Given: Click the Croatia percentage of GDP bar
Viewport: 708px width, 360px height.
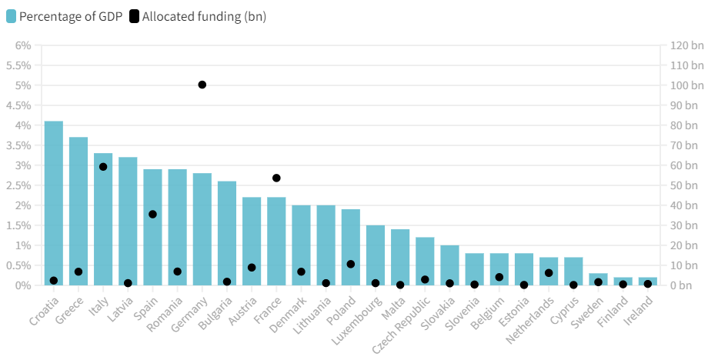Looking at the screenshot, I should [x=54, y=203].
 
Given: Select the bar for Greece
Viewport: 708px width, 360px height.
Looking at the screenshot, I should [x=78, y=211].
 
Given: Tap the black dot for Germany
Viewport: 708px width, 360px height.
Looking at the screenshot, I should [x=202, y=85].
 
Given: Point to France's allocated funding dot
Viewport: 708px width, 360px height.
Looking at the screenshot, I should [x=276, y=178].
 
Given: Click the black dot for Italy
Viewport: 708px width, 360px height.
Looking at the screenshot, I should [x=103, y=167].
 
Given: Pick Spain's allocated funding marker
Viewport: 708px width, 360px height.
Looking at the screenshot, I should [x=152, y=214].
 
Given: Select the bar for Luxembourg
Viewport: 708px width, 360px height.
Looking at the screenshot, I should [x=376, y=255].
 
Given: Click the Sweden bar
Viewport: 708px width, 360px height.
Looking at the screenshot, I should [x=598, y=279].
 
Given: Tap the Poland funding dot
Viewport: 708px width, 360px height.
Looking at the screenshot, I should [x=351, y=264].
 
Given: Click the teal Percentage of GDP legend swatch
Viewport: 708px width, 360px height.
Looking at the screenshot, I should [x=11, y=16].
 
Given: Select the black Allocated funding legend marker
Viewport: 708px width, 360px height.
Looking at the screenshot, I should [x=135, y=16].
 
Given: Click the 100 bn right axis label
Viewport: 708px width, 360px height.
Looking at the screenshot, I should [x=686, y=85].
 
